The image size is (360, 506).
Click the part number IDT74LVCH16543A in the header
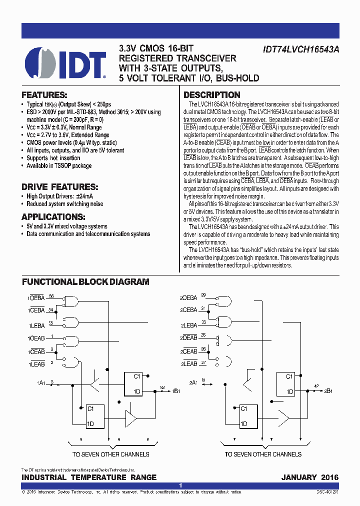coord(300,50)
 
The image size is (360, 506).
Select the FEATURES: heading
coord(44,95)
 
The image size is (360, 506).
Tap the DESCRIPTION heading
coord(212,95)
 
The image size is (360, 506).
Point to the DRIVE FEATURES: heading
coord(59,186)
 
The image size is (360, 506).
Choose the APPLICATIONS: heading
coord(53,217)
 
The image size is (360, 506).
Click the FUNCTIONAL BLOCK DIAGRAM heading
coord(85,282)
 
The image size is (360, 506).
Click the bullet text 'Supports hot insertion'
coord(53,158)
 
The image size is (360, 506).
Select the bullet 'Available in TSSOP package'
coord(59,165)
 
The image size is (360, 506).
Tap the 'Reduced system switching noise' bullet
coord(65,204)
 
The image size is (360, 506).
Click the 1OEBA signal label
coord(36,297)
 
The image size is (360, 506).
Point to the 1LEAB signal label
coord(36,364)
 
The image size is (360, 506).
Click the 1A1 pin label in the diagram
coord(41,382)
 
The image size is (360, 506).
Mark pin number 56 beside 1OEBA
coord(51,296)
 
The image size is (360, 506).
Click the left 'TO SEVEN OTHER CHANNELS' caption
coord(111,454)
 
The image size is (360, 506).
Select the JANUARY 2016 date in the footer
coord(309,477)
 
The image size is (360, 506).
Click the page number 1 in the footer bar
coord(180,485)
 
